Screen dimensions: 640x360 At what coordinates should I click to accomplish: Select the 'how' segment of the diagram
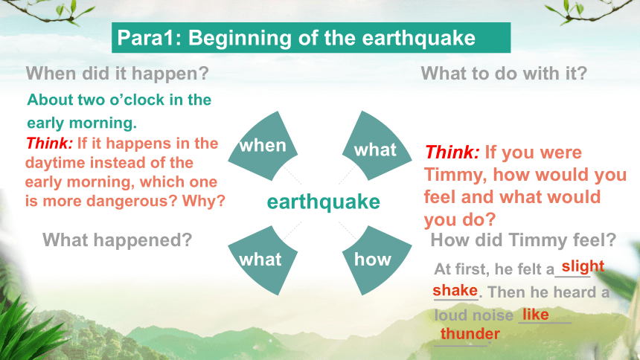click(x=377, y=260)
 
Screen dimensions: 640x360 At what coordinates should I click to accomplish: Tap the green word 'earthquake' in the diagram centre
click(x=323, y=202)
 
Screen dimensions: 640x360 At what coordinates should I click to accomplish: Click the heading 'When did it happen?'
click(x=117, y=74)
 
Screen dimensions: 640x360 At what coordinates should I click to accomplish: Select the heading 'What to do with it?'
click(x=504, y=74)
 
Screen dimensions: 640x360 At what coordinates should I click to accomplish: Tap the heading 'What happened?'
click(x=117, y=240)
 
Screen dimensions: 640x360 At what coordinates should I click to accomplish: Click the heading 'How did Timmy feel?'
click(x=523, y=240)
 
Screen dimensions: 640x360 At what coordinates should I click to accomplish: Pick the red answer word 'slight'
click(x=583, y=266)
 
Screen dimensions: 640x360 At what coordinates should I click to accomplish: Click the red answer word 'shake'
click(x=455, y=291)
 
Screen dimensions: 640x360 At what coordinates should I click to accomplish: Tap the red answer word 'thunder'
click(x=470, y=334)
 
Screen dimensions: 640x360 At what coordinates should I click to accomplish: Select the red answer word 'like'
click(x=536, y=315)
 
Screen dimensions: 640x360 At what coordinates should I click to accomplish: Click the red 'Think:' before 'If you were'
click(x=452, y=152)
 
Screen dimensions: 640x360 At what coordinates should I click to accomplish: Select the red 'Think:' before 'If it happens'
click(x=49, y=144)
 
